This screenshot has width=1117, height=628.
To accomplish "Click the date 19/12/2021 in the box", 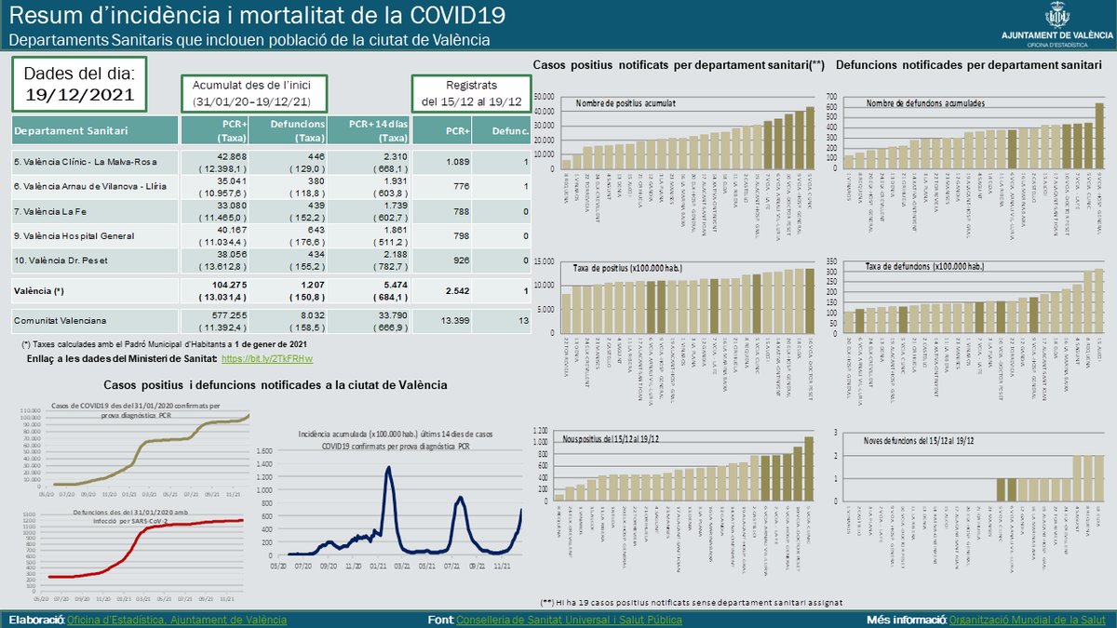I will (79, 94).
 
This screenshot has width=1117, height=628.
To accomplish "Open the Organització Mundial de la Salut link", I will (1029, 619).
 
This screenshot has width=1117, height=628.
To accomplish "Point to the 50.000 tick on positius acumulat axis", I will (541, 96).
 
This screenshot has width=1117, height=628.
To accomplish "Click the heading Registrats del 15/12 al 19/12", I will (470, 92).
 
